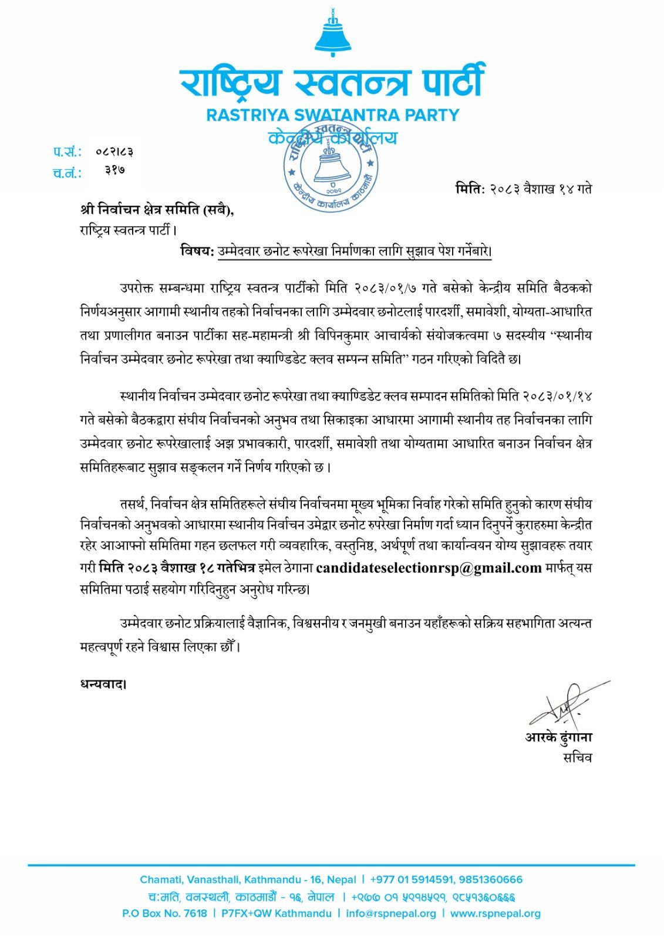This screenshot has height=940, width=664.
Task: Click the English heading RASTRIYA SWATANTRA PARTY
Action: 333,115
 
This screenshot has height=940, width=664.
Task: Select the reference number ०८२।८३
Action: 114,152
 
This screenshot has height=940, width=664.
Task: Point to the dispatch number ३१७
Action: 115,171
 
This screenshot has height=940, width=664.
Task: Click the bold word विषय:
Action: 197,251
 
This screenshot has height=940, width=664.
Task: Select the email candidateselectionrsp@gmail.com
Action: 429,568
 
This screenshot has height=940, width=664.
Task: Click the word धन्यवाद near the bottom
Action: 102,684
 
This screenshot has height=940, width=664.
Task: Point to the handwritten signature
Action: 564,704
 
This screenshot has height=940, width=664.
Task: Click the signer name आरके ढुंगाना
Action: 558,737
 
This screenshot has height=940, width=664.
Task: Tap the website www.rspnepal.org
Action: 496,914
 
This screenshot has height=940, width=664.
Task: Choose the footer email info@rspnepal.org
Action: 391,914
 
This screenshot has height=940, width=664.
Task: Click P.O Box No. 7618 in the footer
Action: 164,914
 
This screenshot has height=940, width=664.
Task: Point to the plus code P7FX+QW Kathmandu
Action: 277,914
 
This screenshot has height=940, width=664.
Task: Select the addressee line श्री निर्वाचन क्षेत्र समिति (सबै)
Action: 157,210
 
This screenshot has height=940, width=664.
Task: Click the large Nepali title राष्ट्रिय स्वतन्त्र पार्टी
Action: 333,82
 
